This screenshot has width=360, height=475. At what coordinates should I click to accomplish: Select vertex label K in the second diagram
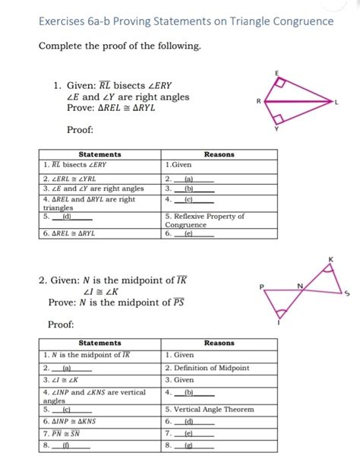coord(330,261)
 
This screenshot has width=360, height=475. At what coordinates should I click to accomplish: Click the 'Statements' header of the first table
coord(99,154)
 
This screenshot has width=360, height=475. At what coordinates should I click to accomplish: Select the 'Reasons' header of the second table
coord(219,344)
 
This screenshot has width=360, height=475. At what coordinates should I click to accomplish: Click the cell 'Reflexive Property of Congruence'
coord(205,220)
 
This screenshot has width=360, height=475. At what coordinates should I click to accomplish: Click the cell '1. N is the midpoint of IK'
coord(87,355)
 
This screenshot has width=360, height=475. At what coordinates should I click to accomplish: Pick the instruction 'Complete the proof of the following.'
coord(120,46)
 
